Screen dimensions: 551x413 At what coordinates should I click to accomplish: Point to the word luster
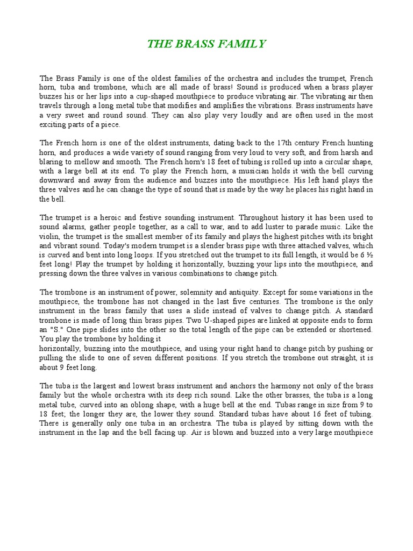pyautogui.click(x=277, y=227)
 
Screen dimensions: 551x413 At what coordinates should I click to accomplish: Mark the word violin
pyautogui.click(x=50, y=236)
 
